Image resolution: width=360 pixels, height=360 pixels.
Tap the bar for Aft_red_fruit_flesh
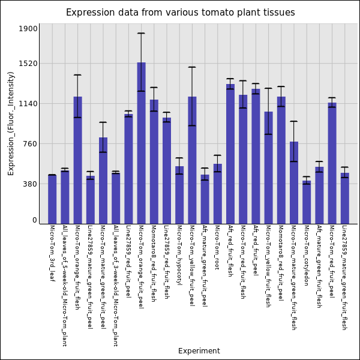(x=230, y=154)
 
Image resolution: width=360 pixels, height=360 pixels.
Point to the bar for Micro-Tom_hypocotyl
(x=179, y=195)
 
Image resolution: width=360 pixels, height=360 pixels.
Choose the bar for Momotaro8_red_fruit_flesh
(x=154, y=161)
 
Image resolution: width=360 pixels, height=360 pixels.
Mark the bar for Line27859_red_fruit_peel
(x=128, y=169)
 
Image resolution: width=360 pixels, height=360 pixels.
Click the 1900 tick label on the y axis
(x=28, y=29)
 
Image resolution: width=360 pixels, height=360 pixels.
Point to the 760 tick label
(x=29, y=144)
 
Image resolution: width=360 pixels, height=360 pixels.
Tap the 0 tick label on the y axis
(x=34, y=220)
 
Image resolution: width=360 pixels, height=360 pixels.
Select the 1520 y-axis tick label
(x=28, y=63)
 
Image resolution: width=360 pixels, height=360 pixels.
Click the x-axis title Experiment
(x=199, y=351)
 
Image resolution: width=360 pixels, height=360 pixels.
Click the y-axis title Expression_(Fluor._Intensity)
(x=11, y=123)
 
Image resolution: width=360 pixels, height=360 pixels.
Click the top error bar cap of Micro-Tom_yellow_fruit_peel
(x=192, y=67)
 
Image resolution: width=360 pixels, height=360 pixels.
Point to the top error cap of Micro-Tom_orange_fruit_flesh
(x=77, y=75)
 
